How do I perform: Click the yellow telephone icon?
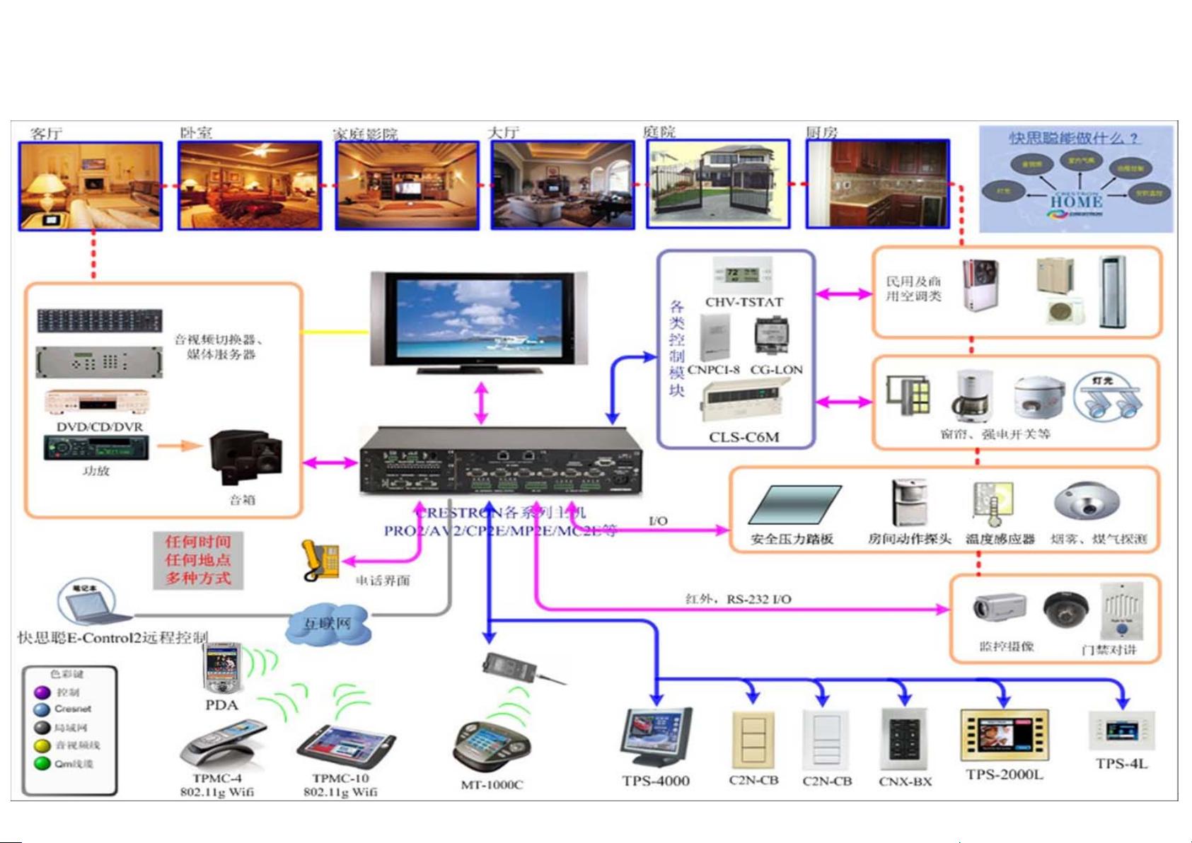click(320, 561)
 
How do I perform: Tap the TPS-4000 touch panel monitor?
click(656, 736)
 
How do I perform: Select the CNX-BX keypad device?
click(903, 740)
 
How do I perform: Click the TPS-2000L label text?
click(1004, 774)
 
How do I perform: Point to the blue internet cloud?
click(328, 623)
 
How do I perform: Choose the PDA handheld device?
click(223, 668)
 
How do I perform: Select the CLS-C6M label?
click(743, 437)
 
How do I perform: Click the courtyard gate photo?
click(718, 184)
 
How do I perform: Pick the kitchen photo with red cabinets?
click(877, 184)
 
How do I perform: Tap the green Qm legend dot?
click(42, 764)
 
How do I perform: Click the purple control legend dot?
click(42, 692)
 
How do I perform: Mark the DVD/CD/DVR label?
click(100, 427)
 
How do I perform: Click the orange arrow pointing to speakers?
click(180, 446)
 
